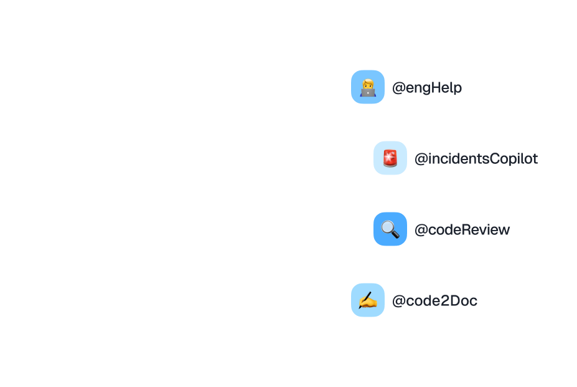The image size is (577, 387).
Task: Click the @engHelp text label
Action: (x=427, y=88)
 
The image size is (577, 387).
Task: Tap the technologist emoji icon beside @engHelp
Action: (x=368, y=87)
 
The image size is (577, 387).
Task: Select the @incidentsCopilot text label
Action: (x=476, y=159)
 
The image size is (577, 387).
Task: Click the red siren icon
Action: (x=390, y=158)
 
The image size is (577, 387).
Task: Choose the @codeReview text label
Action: (x=462, y=230)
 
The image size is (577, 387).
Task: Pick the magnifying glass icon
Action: (x=390, y=229)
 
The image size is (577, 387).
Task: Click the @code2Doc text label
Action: (x=434, y=301)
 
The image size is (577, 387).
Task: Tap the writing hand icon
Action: (x=368, y=300)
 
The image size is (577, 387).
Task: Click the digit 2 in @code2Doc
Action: (x=445, y=301)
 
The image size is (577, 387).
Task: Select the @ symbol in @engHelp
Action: (x=398, y=88)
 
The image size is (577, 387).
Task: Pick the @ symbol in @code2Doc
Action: (x=398, y=301)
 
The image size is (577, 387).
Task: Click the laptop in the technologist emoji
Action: (x=368, y=93)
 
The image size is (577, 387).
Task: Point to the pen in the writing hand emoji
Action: (x=372, y=297)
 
